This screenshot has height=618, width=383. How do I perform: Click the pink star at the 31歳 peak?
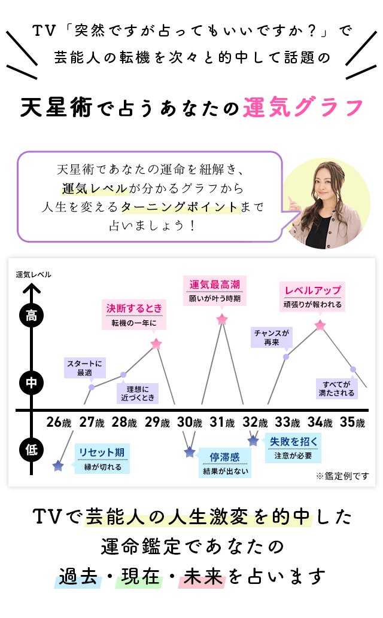click(222, 320)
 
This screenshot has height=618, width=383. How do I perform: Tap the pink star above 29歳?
click(156, 344)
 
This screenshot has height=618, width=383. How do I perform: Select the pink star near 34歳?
click(320, 325)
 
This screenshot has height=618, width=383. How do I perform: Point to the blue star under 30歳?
click(190, 452)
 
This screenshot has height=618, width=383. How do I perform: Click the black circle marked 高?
click(31, 316)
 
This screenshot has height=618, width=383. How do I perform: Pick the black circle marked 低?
click(31, 449)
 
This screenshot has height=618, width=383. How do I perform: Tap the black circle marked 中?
click(31, 383)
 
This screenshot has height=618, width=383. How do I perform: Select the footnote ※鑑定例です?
click(342, 476)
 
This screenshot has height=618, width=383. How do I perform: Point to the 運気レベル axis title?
click(34, 274)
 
